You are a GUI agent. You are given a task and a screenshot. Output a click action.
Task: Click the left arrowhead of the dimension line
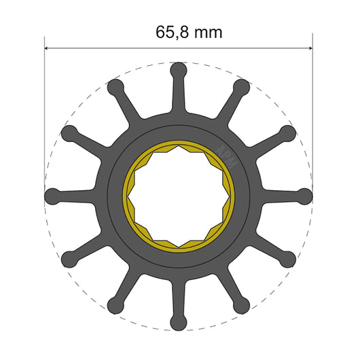point(48,48)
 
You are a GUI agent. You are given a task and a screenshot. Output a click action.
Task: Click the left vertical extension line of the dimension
point(45,102)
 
